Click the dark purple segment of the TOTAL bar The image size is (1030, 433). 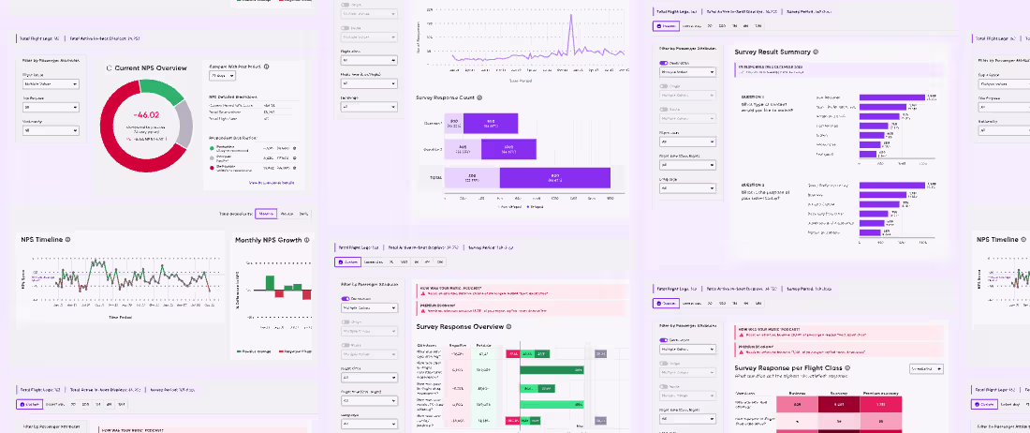pos(554,177)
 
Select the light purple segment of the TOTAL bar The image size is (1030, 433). pos(472,177)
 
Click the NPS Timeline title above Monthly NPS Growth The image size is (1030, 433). pos(42,240)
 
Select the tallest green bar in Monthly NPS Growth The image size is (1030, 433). pos(270,283)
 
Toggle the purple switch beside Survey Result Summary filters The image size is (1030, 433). pos(666,62)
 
